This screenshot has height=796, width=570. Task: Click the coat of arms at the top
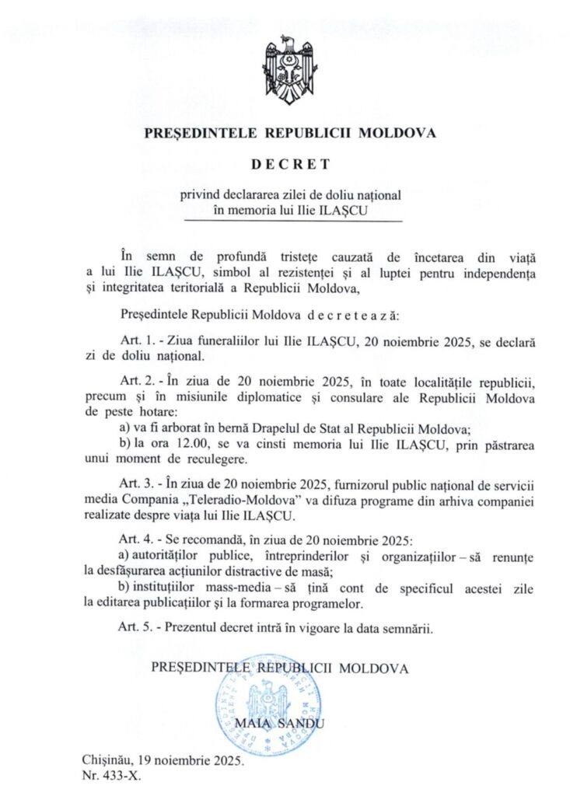pos(290,71)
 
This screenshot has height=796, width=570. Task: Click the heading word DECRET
pos(290,164)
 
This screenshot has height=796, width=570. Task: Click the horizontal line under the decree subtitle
pos(293,222)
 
